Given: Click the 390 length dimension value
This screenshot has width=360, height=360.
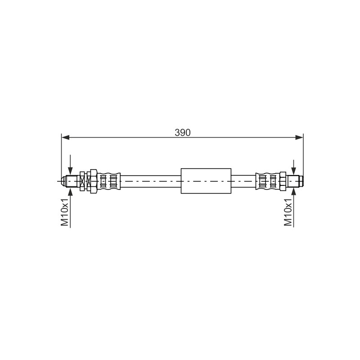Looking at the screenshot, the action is pyautogui.click(x=183, y=133).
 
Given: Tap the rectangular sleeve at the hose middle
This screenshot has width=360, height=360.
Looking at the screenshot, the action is pyautogui.click(x=206, y=181).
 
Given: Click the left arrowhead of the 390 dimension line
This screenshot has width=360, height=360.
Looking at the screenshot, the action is pyautogui.click(x=65, y=137).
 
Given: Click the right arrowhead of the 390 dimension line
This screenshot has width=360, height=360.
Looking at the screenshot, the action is pyautogui.click(x=299, y=137).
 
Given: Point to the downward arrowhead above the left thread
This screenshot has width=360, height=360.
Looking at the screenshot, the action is pyautogui.click(x=70, y=171).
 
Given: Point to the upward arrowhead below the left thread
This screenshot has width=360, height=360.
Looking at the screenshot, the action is pyautogui.click(x=70, y=192).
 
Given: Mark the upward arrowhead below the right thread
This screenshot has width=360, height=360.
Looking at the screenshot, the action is pyautogui.click(x=294, y=192).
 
